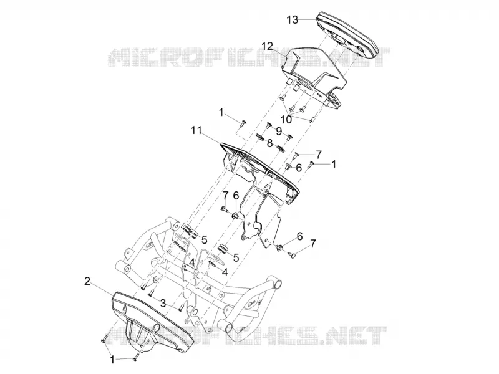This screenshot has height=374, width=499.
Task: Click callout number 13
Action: point(292,20)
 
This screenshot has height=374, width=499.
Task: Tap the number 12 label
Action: point(268,46)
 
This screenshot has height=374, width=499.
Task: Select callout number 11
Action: point(196,130)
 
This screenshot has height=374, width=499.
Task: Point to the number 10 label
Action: point(286,120)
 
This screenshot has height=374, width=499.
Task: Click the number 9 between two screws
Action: point(279,131)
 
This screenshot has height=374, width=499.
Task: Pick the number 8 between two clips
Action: point(269,143)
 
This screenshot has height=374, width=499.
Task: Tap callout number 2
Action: point(87,281)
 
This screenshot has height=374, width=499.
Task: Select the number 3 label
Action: point(163,303)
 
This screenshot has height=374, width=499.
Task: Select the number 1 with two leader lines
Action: point(112,360)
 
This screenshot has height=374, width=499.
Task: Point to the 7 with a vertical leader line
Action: point(226,195)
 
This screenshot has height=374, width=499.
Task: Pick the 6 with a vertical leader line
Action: point(236,196)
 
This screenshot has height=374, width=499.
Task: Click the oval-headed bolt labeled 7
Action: point(292,254)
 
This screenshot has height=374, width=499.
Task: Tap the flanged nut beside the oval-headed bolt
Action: point(280,247)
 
